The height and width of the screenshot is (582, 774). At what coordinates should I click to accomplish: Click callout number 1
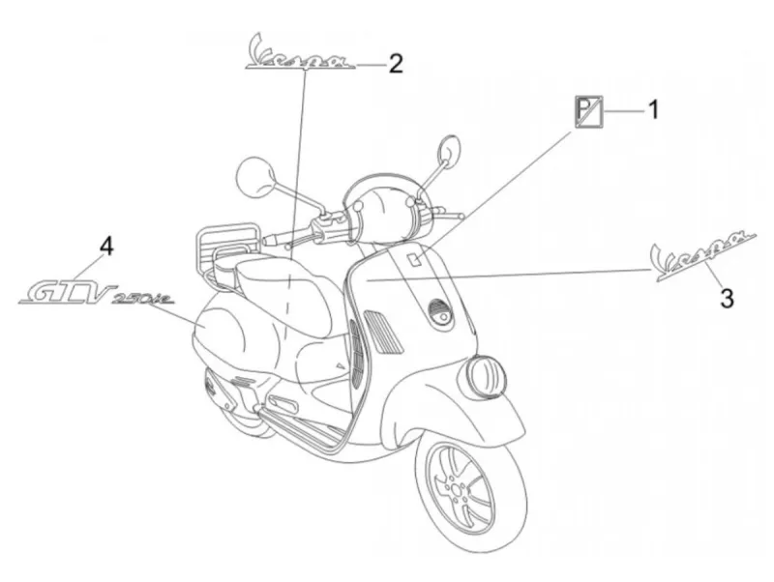click(653, 109)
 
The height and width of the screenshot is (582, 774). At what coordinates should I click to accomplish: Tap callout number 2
click(396, 64)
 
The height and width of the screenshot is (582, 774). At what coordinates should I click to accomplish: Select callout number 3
click(727, 298)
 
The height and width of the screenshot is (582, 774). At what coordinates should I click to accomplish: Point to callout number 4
click(106, 246)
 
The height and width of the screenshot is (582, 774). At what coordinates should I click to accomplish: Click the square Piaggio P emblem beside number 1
click(588, 112)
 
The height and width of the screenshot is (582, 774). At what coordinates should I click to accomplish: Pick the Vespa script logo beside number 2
click(301, 53)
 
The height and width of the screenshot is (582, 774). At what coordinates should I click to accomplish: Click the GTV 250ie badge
click(96, 295)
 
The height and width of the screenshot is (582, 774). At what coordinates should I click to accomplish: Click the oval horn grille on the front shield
click(441, 314)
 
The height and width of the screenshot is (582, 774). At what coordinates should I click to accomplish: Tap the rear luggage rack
click(227, 246)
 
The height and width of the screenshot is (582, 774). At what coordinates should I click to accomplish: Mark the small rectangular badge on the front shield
click(415, 258)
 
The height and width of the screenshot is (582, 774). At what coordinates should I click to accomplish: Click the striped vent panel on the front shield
click(383, 331)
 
